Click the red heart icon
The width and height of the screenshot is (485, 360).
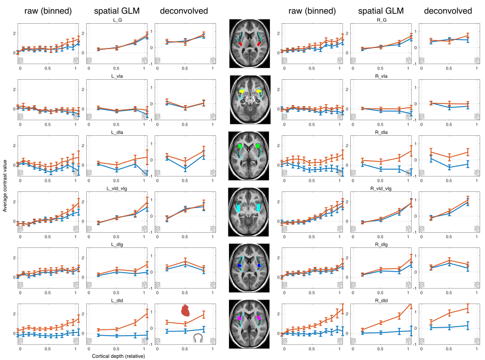point(185,309)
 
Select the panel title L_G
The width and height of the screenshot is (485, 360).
point(116,20)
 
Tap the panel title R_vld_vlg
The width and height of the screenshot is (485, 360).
point(380,188)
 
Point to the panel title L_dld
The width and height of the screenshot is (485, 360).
point(116,300)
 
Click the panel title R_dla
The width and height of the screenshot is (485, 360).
point(380,132)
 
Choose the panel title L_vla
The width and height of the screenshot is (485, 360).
point(116,76)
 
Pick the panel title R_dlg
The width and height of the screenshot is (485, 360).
point(380,244)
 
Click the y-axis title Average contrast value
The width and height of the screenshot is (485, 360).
point(5,183)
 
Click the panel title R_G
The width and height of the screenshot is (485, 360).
point(380,20)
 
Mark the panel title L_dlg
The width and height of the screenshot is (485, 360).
point(116,244)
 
